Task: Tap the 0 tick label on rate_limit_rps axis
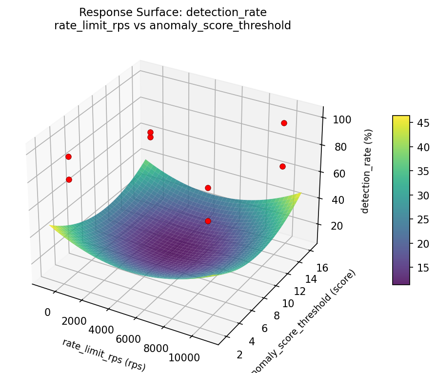click(48, 312)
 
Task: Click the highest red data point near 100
click(284, 123)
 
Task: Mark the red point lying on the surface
click(208, 221)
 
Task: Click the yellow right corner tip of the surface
click(300, 194)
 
